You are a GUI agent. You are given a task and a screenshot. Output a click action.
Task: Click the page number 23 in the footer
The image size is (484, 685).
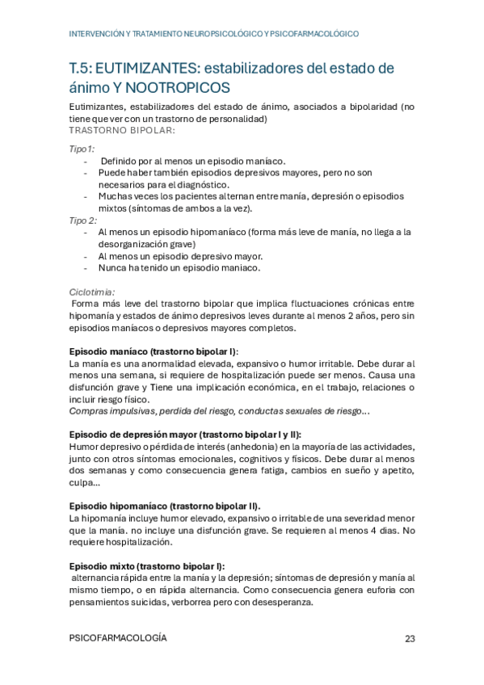point(410,638)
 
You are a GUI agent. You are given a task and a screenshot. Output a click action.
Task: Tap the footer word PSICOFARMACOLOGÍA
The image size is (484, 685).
point(119,638)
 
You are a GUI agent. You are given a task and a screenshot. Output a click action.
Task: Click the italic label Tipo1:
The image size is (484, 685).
point(82,149)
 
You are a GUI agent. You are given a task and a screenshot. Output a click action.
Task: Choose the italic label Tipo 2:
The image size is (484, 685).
point(84,220)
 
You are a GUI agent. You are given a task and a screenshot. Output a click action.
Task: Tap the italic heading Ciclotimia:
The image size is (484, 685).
point(92,292)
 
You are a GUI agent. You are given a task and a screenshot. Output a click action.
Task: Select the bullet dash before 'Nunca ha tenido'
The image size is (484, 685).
point(86,267)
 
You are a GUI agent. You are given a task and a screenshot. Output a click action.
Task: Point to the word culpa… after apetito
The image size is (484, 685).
point(85,483)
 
